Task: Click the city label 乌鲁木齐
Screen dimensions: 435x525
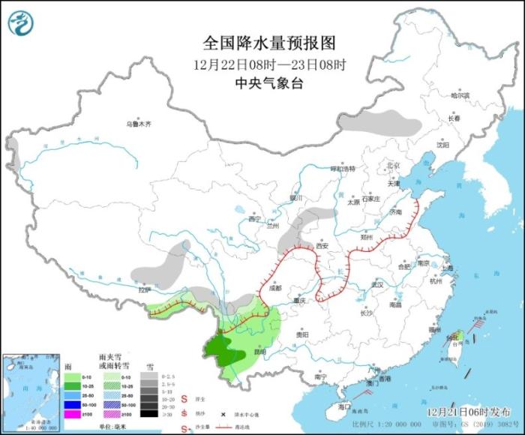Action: [x=138, y=124]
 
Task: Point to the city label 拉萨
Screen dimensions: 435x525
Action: [x=144, y=289]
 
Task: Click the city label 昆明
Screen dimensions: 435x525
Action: [x=259, y=351]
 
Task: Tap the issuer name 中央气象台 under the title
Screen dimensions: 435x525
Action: [x=262, y=84]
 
